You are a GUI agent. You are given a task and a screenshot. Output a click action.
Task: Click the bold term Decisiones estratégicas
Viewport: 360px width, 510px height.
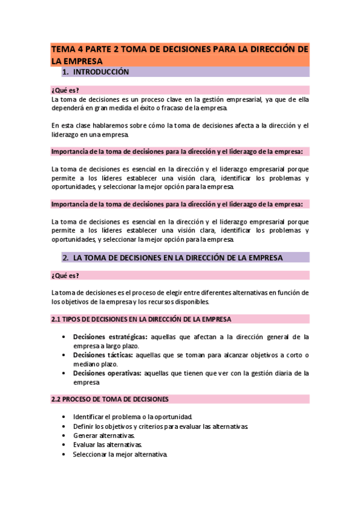(110, 337)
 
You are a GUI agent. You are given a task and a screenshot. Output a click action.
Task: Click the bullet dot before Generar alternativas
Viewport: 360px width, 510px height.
(64, 435)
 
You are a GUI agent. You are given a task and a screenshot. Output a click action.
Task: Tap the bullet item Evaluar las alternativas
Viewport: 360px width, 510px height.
(105, 445)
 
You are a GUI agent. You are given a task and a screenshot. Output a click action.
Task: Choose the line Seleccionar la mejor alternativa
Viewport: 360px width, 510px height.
(119, 454)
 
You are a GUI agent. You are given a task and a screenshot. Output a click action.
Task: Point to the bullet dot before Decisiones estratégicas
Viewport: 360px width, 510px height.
(64, 337)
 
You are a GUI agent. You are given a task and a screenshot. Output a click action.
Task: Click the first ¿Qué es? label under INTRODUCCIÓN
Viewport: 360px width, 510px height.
(65, 90)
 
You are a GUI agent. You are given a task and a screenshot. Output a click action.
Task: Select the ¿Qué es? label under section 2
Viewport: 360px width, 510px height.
(65, 275)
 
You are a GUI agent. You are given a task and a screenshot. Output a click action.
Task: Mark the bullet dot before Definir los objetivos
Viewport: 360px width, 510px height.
(64, 426)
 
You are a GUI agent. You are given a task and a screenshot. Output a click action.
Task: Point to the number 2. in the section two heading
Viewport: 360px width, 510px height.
(66, 257)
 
